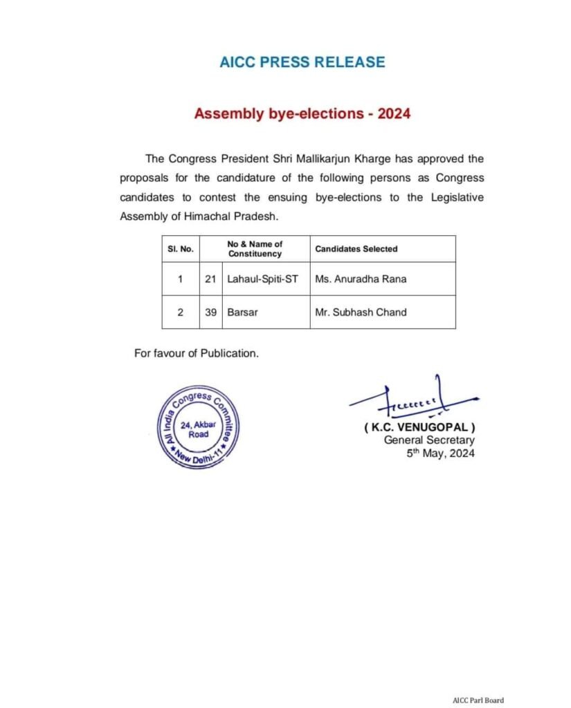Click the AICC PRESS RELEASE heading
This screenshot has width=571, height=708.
[302, 62]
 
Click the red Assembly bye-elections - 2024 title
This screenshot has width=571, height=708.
[302, 113]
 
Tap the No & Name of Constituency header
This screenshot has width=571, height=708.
[255, 249]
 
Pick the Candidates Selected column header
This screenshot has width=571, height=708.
[356, 249]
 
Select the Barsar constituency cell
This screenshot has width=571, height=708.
[240, 312]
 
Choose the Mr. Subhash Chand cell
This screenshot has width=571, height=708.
[361, 312]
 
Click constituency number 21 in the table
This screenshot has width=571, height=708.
[211, 279]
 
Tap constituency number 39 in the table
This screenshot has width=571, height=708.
[211, 312]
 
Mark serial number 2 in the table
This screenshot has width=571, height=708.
[180, 312]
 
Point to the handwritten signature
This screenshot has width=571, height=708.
[413, 402]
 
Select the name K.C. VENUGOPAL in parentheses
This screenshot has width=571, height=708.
[419, 428]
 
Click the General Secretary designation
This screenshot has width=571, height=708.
[429, 440]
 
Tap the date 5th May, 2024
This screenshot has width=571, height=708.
[441, 453]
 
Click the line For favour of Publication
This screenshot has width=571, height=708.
[197, 353]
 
